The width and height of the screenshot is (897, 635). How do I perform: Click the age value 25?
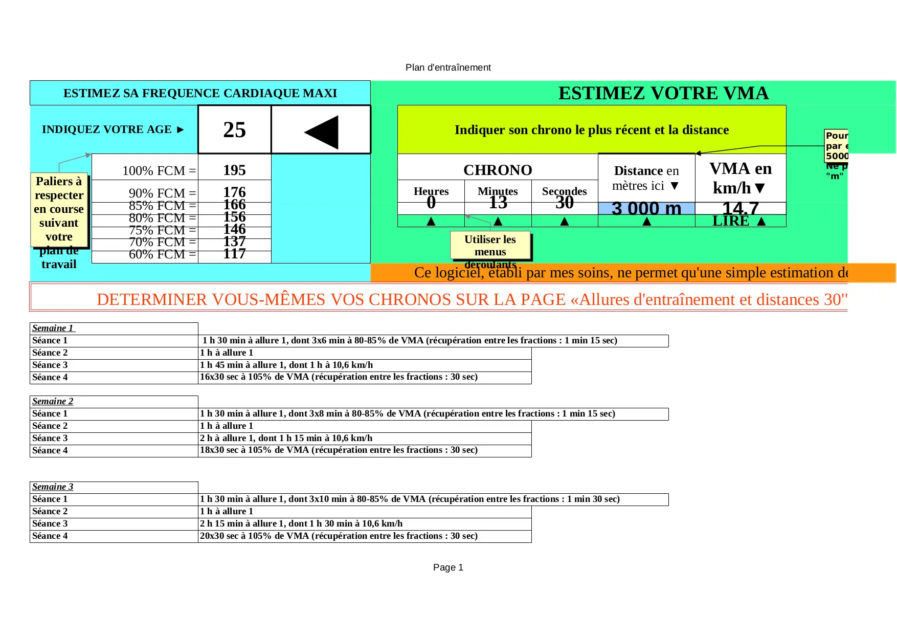(x=234, y=130)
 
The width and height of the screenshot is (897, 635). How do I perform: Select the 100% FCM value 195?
(x=234, y=170)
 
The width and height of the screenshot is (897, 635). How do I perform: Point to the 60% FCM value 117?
(x=234, y=254)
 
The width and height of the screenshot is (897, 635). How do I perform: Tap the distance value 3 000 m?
(x=646, y=209)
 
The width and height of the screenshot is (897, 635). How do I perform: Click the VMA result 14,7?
(x=740, y=208)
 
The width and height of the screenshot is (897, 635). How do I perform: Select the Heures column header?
(x=431, y=191)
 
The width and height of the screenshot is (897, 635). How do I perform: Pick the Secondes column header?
(x=564, y=191)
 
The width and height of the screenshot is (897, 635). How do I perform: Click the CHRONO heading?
(x=498, y=170)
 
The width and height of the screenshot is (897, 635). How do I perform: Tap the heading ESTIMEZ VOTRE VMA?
(x=663, y=93)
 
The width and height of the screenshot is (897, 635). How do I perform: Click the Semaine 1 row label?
(x=53, y=328)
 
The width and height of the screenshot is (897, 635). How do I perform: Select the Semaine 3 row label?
(x=53, y=487)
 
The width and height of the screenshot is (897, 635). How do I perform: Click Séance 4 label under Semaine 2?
(x=50, y=450)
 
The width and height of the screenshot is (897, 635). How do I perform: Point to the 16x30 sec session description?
(x=339, y=377)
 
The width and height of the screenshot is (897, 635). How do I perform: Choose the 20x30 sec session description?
(x=339, y=536)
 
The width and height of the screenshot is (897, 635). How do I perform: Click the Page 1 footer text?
(x=448, y=567)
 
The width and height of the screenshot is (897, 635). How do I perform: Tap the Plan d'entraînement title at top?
(x=448, y=68)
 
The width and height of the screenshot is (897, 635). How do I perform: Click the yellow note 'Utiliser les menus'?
(x=490, y=246)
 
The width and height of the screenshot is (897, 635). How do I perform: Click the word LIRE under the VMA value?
(x=730, y=221)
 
